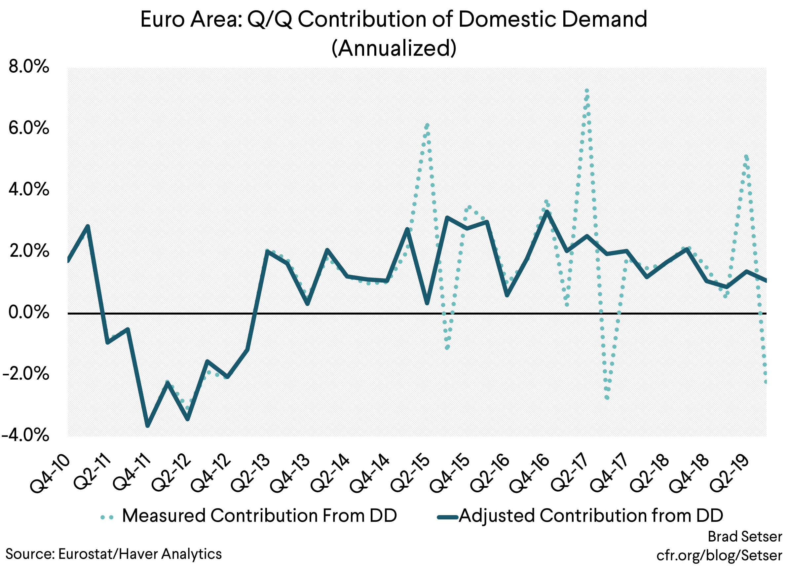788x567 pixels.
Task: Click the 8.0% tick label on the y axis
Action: click(29, 66)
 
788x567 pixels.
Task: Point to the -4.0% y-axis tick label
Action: click(25, 435)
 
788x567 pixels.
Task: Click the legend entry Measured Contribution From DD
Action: click(259, 515)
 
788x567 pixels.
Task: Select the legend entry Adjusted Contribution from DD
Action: click(591, 515)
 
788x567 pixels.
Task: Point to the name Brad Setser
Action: click(745, 537)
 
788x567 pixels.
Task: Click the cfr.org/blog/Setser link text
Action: click(719, 555)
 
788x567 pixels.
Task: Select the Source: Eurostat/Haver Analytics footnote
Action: click(113, 554)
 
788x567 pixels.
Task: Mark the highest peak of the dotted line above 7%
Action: click(587, 91)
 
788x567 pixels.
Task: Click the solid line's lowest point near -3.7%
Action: click(148, 425)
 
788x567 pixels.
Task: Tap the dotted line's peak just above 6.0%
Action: click(427, 125)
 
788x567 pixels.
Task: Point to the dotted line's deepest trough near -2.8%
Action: click(607, 397)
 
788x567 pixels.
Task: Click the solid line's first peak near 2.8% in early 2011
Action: click(88, 226)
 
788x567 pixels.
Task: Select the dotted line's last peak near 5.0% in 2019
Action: click(746, 157)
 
